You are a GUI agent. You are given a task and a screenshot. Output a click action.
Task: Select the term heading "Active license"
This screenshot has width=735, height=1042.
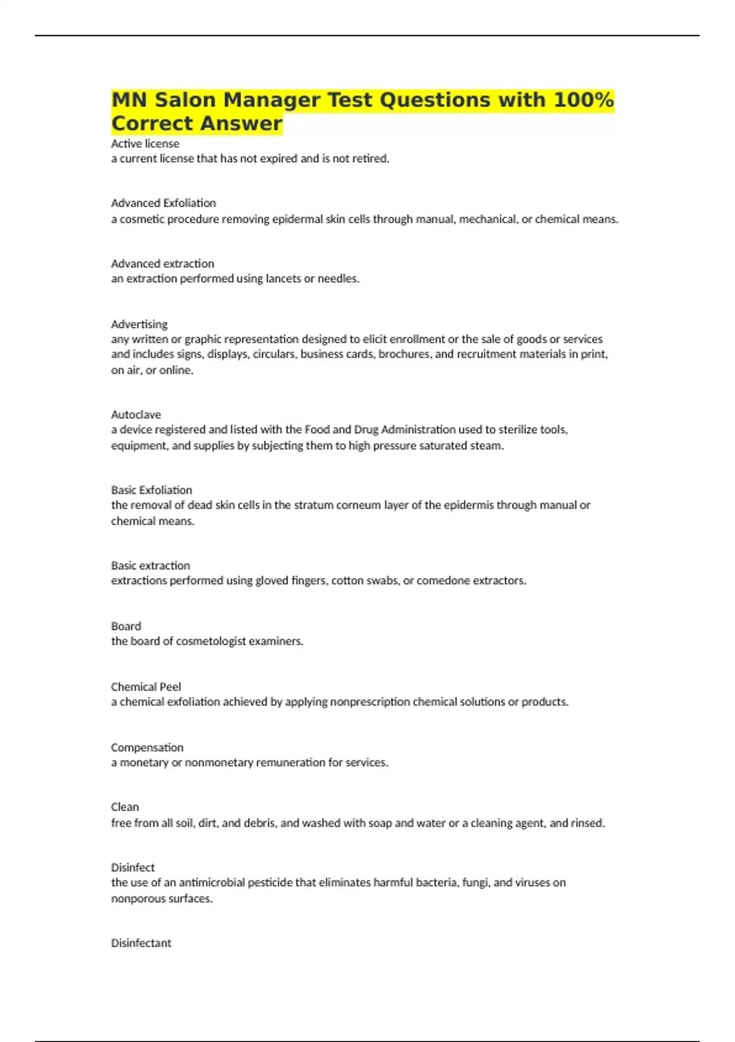coord(145,143)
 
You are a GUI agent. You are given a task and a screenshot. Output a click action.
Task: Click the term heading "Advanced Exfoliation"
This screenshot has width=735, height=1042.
coord(164,203)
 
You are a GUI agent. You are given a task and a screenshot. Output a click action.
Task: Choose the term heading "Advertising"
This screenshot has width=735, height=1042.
coord(139,324)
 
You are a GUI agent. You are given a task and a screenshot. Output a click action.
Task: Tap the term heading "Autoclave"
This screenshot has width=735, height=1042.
coord(136,415)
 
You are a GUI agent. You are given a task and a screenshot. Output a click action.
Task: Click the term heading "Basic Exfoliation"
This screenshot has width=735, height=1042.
coord(151,490)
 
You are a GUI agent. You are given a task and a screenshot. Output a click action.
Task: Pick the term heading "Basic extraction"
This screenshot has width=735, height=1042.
coord(151,566)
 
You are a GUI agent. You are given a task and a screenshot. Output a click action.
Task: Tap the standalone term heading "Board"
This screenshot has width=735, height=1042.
coord(126,626)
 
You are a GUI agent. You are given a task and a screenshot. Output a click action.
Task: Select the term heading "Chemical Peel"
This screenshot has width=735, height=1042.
coord(146,687)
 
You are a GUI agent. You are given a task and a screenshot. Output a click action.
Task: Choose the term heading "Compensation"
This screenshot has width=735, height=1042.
coord(147,748)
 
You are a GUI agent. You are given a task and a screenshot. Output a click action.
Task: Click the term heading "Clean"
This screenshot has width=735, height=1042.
coord(125,807)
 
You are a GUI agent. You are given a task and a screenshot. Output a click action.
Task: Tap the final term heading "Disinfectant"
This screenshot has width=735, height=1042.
coord(141,943)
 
